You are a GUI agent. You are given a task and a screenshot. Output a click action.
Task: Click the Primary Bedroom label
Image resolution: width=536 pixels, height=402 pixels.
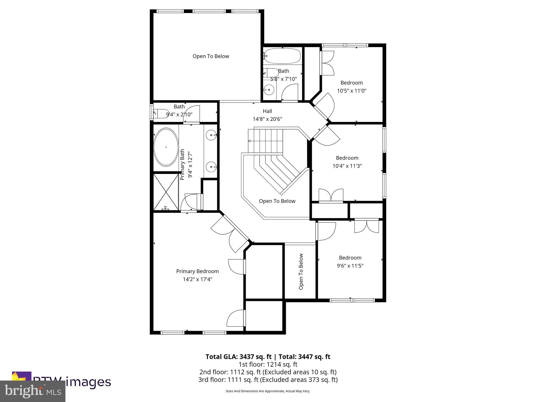coord(197,271)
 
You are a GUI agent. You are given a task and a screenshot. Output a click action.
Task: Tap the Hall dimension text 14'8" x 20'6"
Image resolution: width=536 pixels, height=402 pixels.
coord(267,119)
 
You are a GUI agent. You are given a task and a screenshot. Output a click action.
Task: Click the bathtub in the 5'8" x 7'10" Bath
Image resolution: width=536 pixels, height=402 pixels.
coord(282,56)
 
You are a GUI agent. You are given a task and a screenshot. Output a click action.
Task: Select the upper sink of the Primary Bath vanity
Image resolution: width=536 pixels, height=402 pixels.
coord(211,135)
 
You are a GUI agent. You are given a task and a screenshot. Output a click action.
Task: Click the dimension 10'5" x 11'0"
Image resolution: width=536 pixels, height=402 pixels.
coord(351,91)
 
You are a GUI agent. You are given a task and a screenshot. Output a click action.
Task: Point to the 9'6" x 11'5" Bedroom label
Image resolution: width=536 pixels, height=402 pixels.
coord(350,258)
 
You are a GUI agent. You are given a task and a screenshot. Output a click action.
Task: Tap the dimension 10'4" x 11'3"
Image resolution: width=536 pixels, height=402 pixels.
coord(347,166)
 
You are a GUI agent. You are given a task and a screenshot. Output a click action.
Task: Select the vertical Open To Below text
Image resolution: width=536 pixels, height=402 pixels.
coord(301,271)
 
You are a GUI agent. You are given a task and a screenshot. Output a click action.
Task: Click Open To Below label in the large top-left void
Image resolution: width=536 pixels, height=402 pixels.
coord(211,56)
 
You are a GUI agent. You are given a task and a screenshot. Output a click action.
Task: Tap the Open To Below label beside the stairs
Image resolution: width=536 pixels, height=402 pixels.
coord(277,201)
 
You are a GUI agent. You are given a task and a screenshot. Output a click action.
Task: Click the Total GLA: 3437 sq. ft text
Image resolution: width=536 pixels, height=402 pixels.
coord(239,357)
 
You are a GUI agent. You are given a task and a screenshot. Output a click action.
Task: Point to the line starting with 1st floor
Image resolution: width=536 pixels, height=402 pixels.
coord(268,364)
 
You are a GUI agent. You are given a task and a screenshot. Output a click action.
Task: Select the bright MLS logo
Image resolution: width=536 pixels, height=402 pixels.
coord(33,391)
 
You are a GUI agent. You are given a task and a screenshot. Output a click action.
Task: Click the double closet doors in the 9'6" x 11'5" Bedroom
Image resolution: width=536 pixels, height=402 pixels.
coord(366,226)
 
